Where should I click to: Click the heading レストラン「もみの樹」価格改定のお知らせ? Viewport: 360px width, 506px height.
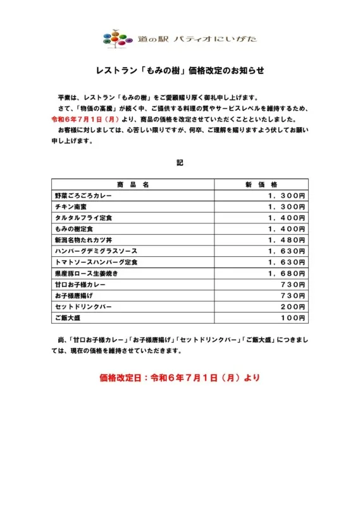(180, 71)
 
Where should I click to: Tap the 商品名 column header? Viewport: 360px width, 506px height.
(133, 185)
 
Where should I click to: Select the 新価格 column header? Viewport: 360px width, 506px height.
(261, 185)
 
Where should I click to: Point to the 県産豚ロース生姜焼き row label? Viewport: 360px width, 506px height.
(87, 273)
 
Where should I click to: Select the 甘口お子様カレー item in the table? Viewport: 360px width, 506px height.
(81, 285)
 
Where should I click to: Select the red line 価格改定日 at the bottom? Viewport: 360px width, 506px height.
(180, 378)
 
